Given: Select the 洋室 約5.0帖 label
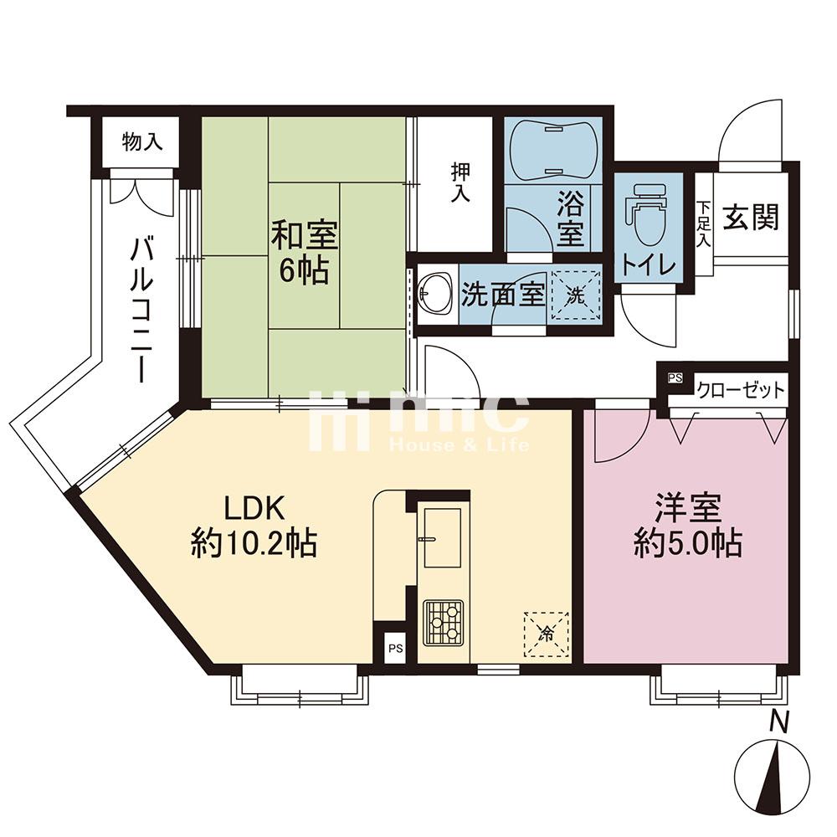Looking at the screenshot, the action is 688,526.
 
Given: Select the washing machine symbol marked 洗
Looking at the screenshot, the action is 576,295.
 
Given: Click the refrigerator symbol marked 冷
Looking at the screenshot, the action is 546,634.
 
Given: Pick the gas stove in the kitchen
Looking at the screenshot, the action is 443,622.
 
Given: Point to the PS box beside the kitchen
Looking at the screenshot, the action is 396,650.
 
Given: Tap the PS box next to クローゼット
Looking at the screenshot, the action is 675,378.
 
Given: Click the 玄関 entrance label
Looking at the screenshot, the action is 751,218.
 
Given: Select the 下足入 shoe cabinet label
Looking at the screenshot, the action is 704,223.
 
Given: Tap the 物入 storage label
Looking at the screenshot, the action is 141,142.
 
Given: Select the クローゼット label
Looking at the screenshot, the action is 741,391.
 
